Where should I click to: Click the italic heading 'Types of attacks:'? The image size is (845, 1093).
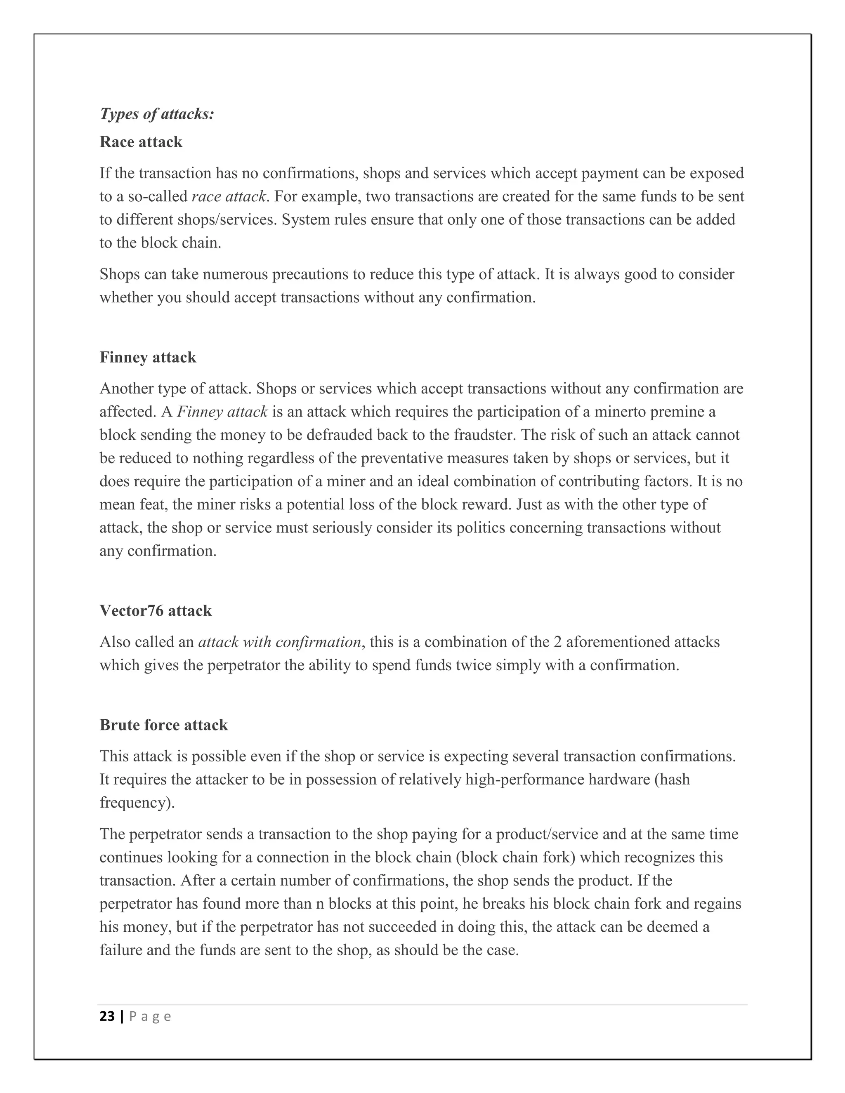tap(157, 114)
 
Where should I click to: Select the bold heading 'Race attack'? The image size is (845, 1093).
tap(141, 142)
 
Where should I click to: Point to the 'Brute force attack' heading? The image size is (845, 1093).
tap(163, 725)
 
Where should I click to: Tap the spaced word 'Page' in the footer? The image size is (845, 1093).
tap(150, 1016)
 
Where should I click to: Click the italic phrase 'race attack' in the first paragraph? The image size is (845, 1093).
tap(228, 197)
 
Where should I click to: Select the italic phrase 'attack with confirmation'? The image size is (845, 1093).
tap(279, 642)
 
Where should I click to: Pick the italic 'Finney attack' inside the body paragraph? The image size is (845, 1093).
tap(222, 412)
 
